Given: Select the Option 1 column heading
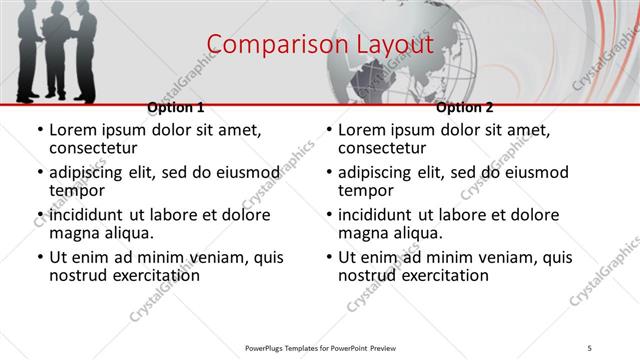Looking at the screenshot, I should coord(176,107).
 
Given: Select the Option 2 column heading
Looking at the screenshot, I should coord(465,107).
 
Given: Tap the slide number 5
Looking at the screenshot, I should coord(590,347).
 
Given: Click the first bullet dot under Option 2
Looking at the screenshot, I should coord(328,130).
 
